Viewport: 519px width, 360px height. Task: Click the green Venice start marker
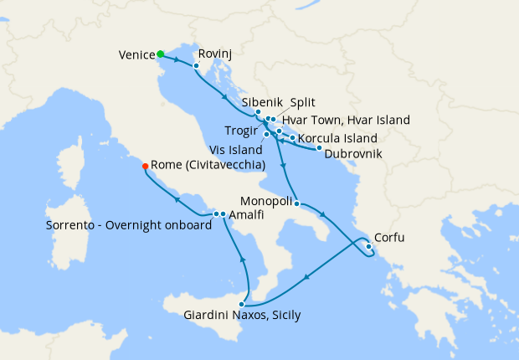pyautogui.click(x=160, y=54)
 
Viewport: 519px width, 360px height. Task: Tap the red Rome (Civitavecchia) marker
pyautogui.click(x=146, y=165)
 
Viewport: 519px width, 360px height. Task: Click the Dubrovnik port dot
pyautogui.click(x=319, y=148)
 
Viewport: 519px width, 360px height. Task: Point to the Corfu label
pyautogui.click(x=388, y=238)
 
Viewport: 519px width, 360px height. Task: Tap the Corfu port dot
pyautogui.click(x=369, y=246)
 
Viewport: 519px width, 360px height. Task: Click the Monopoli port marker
pyautogui.click(x=297, y=203)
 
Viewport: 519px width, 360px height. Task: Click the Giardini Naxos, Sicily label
pyautogui.click(x=242, y=316)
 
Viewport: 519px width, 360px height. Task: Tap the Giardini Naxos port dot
pyautogui.click(x=243, y=304)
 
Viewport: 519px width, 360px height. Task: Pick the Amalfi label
pyautogui.click(x=247, y=215)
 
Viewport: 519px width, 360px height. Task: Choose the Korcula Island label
pyautogui.click(x=337, y=138)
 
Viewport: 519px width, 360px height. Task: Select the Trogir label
pyautogui.click(x=243, y=131)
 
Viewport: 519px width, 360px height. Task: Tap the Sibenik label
pyautogui.click(x=262, y=103)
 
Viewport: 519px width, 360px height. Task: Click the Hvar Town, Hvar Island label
pyautogui.click(x=346, y=121)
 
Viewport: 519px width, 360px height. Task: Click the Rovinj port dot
pyautogui.click(x=196, y=65)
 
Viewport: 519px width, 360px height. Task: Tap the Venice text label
pyautogui.click(x=136, y=55)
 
